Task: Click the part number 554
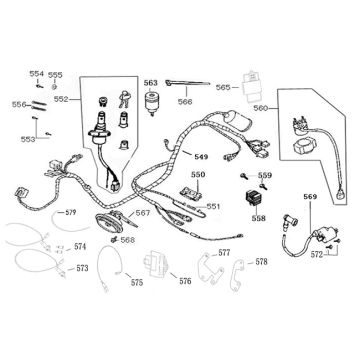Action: [x=36, y=74]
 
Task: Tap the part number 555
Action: [x=56, y=75]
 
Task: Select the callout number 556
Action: [x=18, y=104]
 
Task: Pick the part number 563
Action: [x=150, y=83]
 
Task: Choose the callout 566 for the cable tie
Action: [x=186, y=101]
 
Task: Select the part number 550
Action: [x=198, y=175]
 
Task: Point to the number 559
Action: [x=265, y=176]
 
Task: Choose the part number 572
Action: [x=318, y=257]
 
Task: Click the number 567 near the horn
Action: [x=143, y=212]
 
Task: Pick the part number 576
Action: [x=186, y=281]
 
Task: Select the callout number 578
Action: [x=261, y=262]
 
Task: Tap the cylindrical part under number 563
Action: [x=153, y=102]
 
